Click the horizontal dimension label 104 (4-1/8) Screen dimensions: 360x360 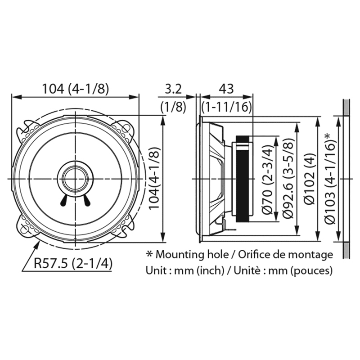(76, 89)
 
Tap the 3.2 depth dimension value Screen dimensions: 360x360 (173, 89)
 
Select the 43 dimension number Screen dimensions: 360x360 (226, 89)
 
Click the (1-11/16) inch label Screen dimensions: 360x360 (227, 107)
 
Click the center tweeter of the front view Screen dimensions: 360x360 (75, 179)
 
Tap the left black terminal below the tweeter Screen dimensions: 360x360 (64, 200)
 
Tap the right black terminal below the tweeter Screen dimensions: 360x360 (86, 200)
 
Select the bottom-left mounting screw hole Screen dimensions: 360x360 (24, 229)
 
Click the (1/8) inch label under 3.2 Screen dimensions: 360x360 (173, 107)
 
